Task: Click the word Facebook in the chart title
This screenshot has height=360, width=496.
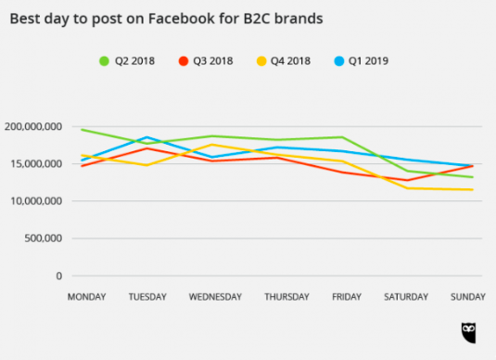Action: (182, 19)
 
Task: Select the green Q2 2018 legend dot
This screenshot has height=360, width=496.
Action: (104, 61)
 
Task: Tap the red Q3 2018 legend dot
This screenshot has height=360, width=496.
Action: (184, 61)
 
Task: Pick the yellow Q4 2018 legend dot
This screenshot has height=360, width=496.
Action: (261, 61)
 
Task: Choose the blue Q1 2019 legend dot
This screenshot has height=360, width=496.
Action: (339, 61)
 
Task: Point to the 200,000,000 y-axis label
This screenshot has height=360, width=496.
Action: (33, 126)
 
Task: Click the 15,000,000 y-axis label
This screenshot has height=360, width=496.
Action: (36, 163)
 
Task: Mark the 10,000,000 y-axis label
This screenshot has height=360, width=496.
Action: (36, 201)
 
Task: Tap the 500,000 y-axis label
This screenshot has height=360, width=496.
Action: (44, 238)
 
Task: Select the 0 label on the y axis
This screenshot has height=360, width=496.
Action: (59, 276)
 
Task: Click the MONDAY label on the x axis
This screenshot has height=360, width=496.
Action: (86, 297)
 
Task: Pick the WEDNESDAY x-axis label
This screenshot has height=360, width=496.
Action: (215, 297)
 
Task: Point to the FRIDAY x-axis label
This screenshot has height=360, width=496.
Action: (347, 297)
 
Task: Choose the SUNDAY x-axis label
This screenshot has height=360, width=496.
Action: (468, 297)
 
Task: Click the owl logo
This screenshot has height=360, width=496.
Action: (468, 333)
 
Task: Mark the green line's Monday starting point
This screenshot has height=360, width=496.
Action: (82, 130)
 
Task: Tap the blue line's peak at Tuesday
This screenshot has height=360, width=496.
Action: (146, 137)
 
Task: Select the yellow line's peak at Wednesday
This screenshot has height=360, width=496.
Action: (211, 145)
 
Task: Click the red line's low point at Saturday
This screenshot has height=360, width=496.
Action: (408, 181)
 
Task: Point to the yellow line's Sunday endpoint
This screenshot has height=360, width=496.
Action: (473, 189)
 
